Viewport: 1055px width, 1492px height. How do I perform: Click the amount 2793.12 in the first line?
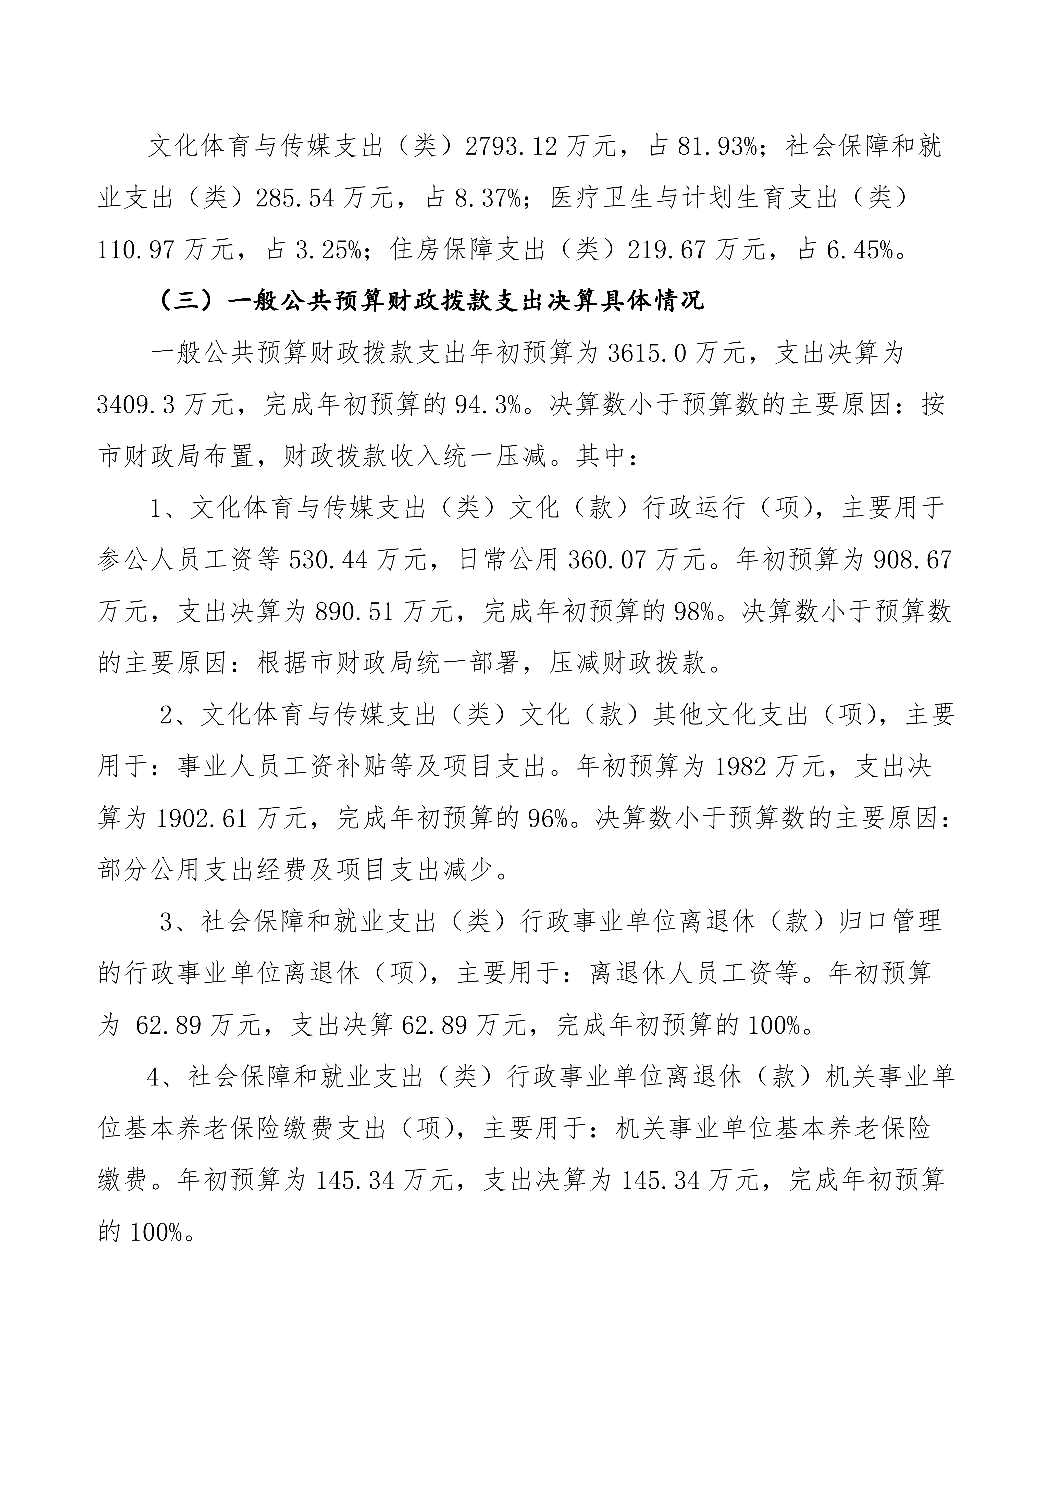(x=511, y=147)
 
